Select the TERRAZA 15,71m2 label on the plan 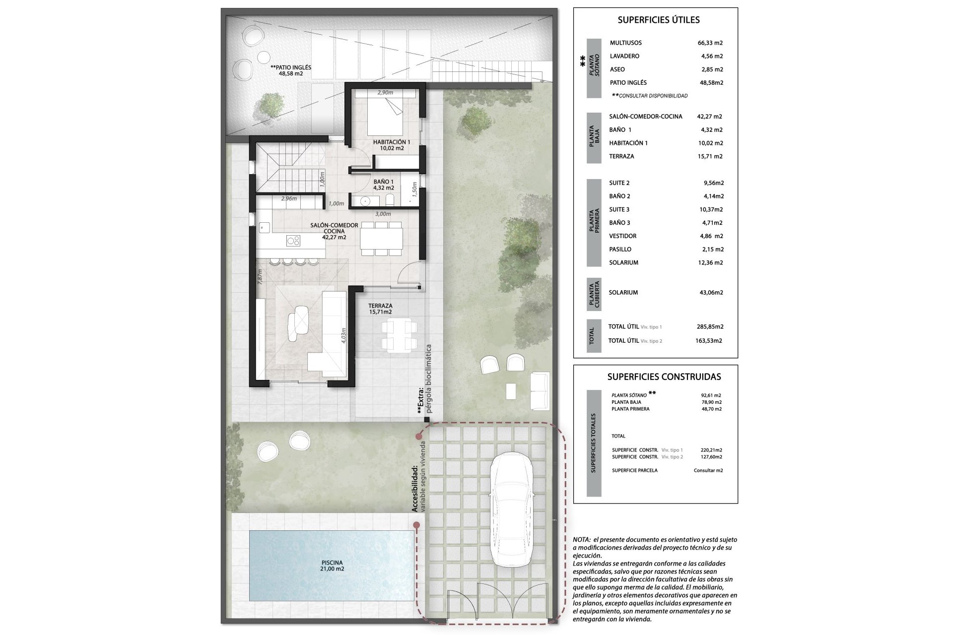pos(380,309)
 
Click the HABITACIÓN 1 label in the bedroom pos(392,145)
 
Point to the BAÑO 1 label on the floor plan pos(384,185)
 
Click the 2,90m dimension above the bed pos(385,93)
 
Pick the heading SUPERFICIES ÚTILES pos(659,20)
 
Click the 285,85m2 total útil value pos(710,327)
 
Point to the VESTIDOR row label pos(622,236)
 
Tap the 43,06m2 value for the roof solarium pos(711,293)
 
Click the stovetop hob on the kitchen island pos(293,240)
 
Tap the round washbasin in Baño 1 pos(366,201)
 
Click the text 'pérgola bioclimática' pos(429,379)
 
